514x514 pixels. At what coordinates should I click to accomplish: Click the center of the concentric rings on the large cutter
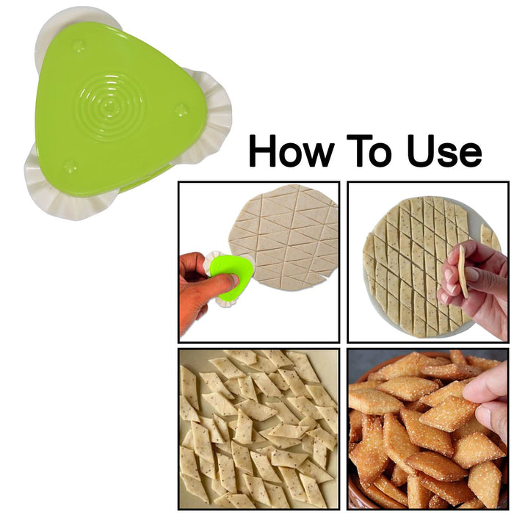tap(110, 105)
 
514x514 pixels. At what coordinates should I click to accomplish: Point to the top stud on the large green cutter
tap(79, 46)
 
